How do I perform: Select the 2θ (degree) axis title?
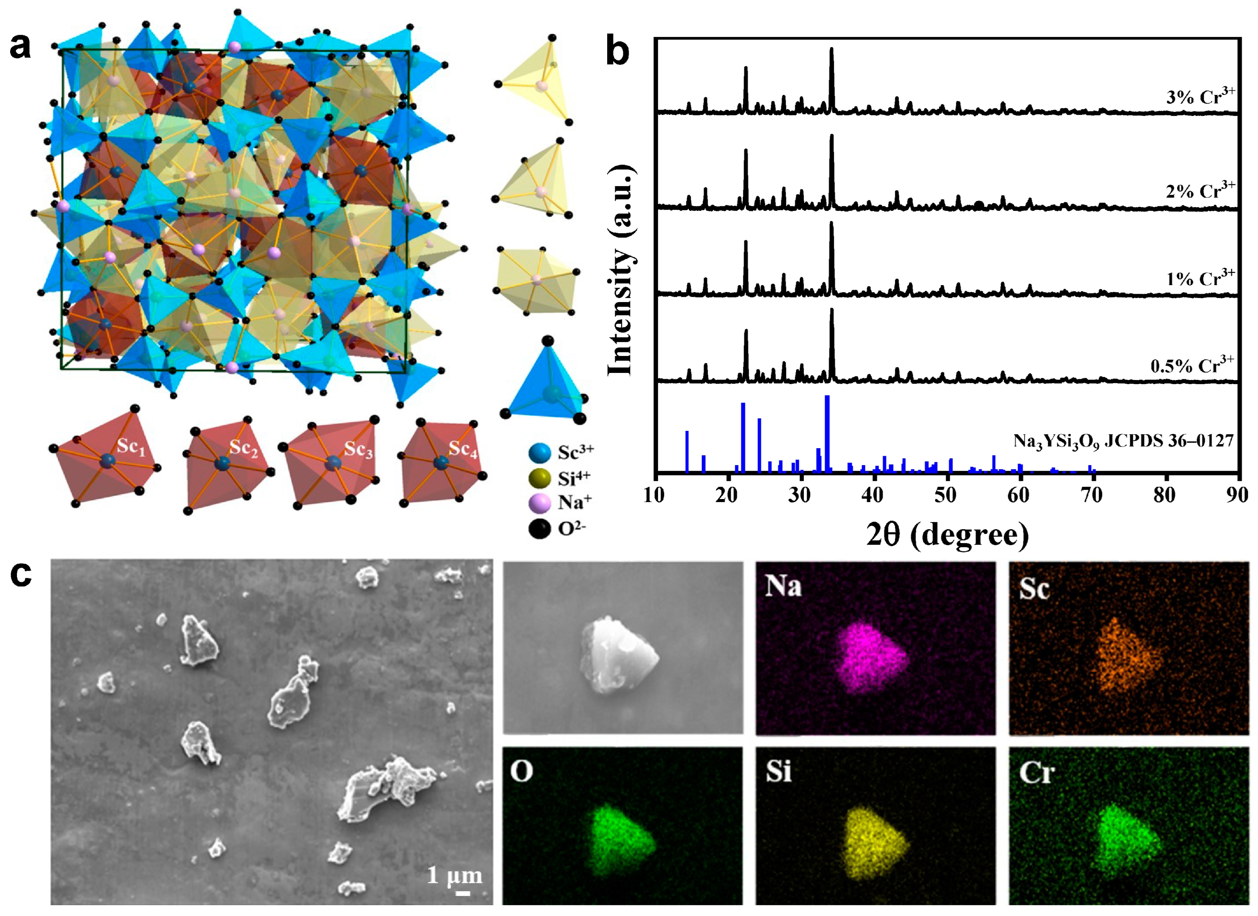click(x=947, y=535)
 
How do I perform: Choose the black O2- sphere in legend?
click(x=539, y=529)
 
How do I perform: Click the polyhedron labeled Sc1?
click(x=105, y=460)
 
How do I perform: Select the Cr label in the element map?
click(x=1036, y=772)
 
